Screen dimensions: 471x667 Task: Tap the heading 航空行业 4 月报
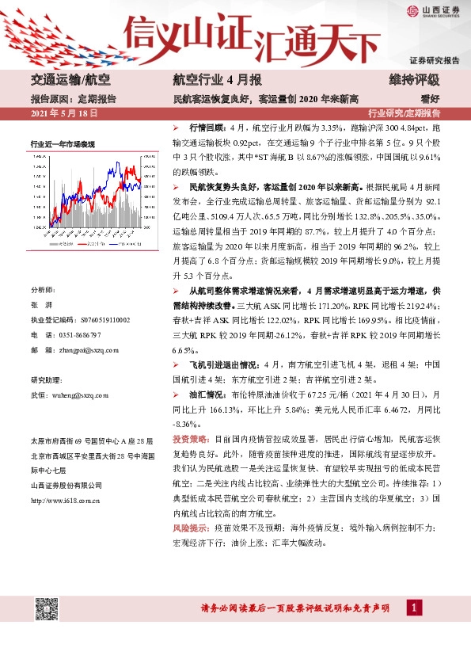click(206, 79)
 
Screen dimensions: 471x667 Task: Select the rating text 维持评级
click(414, 79)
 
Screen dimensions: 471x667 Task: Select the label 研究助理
click(45, 379)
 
